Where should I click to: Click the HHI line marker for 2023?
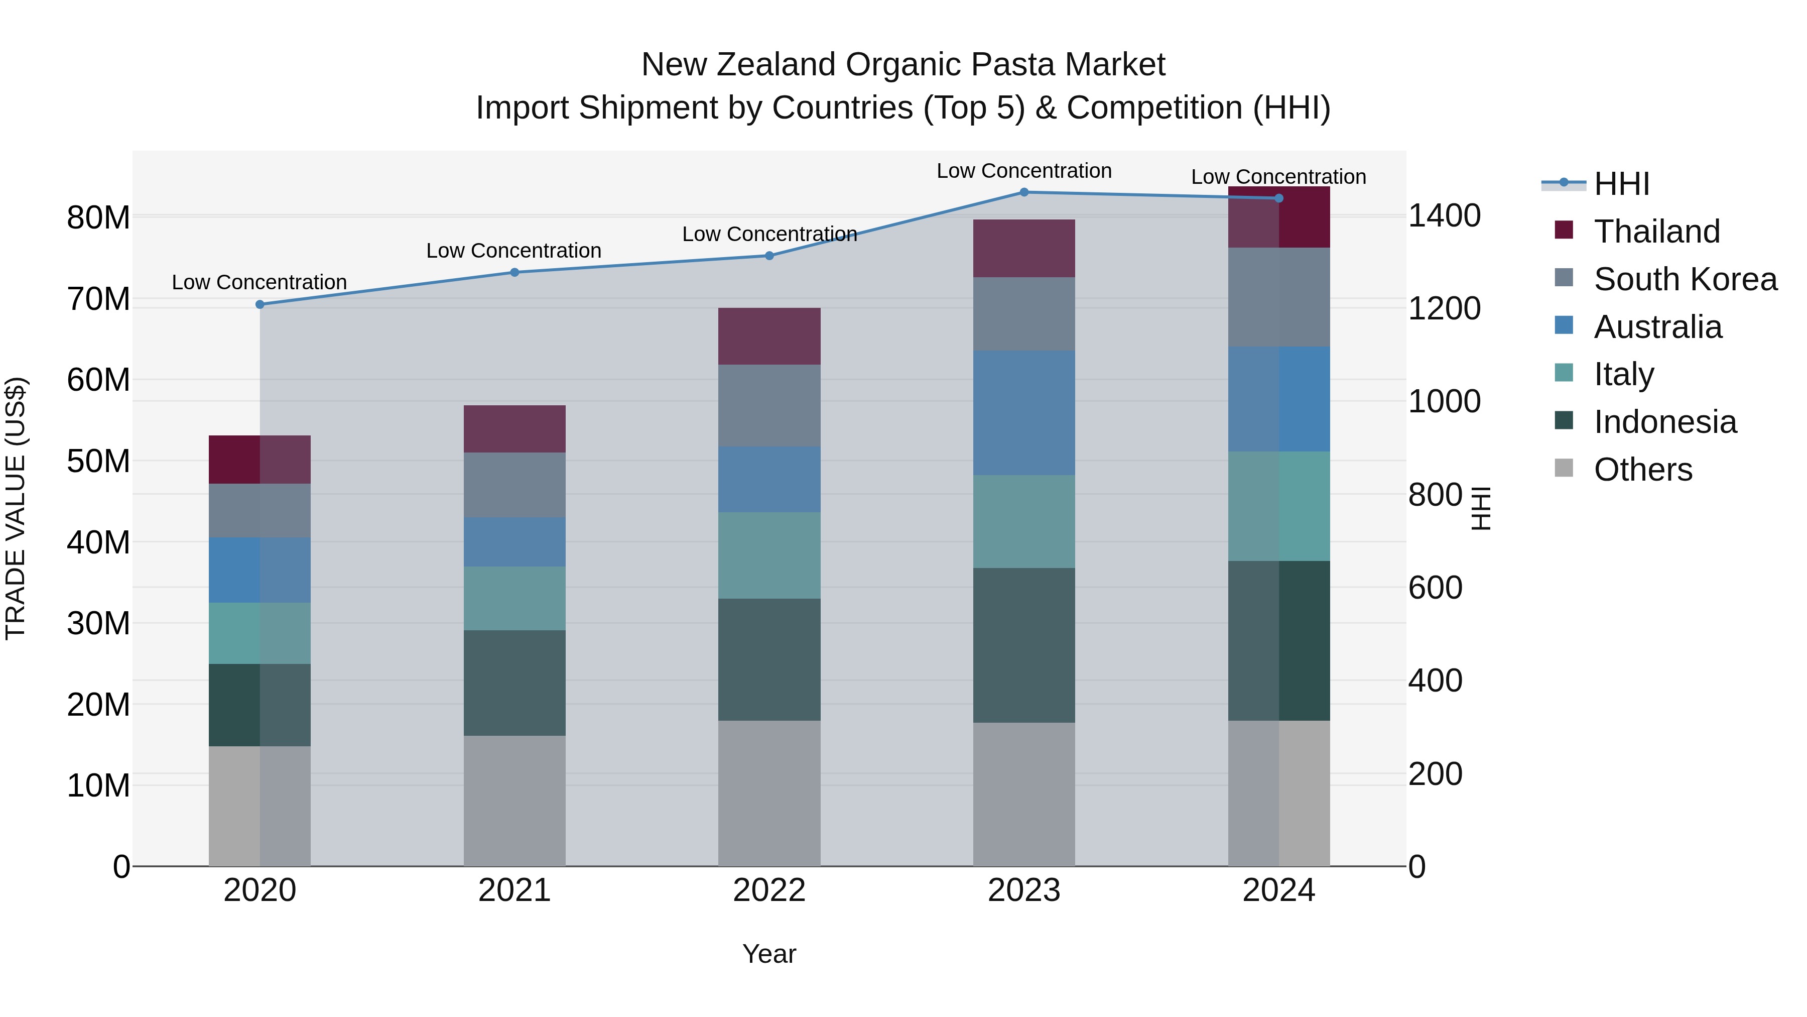1023,192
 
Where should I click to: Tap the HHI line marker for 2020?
260,305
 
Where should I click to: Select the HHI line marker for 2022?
769,256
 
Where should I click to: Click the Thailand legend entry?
1656,232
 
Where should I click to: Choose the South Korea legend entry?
1685,279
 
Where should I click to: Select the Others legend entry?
1642,470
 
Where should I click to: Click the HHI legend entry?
1621,184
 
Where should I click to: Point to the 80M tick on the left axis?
98,217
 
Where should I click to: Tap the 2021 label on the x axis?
514,890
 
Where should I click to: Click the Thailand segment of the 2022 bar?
769,336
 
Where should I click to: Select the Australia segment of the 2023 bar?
1023,413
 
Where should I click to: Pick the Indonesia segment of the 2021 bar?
514,683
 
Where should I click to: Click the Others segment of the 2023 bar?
1023,794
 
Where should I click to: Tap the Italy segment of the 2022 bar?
769,555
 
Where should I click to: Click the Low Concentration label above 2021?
513,251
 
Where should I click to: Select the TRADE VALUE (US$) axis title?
16,508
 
